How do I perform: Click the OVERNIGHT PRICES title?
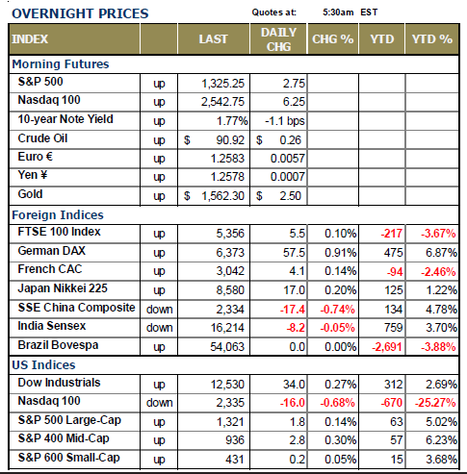tap(80, 13)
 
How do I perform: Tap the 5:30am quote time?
tap(338, 12)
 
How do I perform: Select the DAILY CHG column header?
tap(278, 39)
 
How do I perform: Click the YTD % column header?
tap(432, 39)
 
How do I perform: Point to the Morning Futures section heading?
tap(61, 64)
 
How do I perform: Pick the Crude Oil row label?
tap(42, 138)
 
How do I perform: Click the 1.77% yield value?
tap(232, 121)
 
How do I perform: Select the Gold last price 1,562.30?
tap(222, 196)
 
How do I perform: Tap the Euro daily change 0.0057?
tap(287, 159)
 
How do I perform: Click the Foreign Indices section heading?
tap(58, 215)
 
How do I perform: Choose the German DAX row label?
tap(52, 251)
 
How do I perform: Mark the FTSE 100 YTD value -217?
tap(391, 234)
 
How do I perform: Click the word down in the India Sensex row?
tap(159, 328)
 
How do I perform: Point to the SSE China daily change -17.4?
tap(292, 310)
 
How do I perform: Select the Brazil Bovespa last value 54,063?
tap(227, 347)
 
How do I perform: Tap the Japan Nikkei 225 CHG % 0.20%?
tap(340, 290)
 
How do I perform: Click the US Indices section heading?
tap(43, 365)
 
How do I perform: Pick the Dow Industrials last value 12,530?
tap(227, 385)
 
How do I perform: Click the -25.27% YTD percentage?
tap(435, 403)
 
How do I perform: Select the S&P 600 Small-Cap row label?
tap(69, 458)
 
